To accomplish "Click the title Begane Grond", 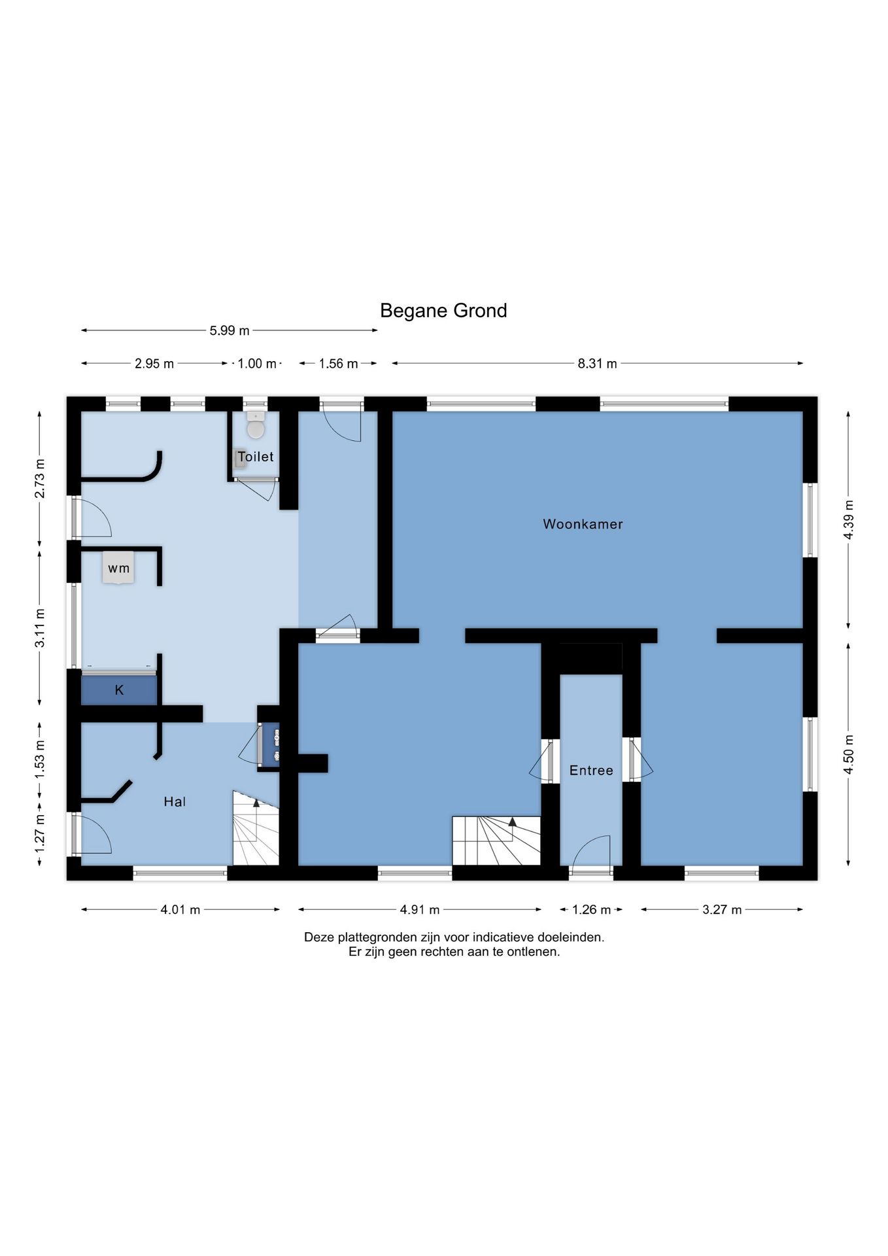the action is (x=443, y=311).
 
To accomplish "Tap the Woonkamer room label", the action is (x=583, y=524).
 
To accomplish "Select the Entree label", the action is (x=591, y=771).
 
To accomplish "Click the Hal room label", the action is (x=175, y=801).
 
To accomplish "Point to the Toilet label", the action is (x=256, y=457).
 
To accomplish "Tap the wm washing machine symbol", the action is (x=118, y=568).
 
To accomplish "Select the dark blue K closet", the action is (x=119, y=689).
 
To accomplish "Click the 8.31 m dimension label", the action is (x=597, y=364).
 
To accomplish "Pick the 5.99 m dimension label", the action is (x=230, y=331).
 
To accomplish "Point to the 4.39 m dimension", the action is (x=849, y=519).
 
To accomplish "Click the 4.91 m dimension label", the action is (x=420, y=910).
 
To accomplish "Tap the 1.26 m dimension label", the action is (x=591, y=910).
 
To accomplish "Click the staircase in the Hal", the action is (x=256, y=828).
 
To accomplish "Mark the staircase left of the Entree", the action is (x=497, y=841).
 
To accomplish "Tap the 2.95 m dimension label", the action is (x=154, y=364).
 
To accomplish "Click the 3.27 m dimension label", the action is (x=722, y=910).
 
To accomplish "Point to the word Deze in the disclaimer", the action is (x=319, y=937).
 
